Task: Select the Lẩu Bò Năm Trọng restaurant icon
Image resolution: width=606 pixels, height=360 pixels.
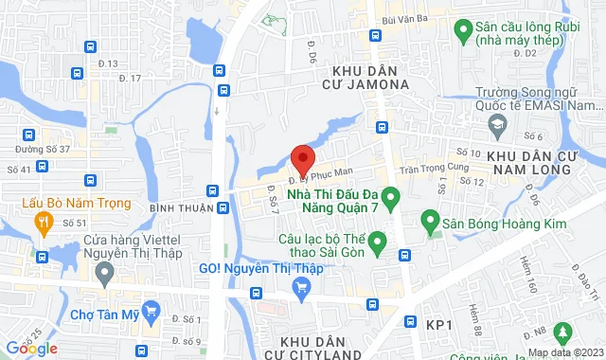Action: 42,222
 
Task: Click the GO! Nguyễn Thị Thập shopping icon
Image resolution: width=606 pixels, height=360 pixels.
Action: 302,290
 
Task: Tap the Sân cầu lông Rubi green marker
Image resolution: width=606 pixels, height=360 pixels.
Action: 463,30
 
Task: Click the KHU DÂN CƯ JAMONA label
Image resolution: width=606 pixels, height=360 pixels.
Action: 370,77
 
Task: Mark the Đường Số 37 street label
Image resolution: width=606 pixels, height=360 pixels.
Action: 43,149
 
